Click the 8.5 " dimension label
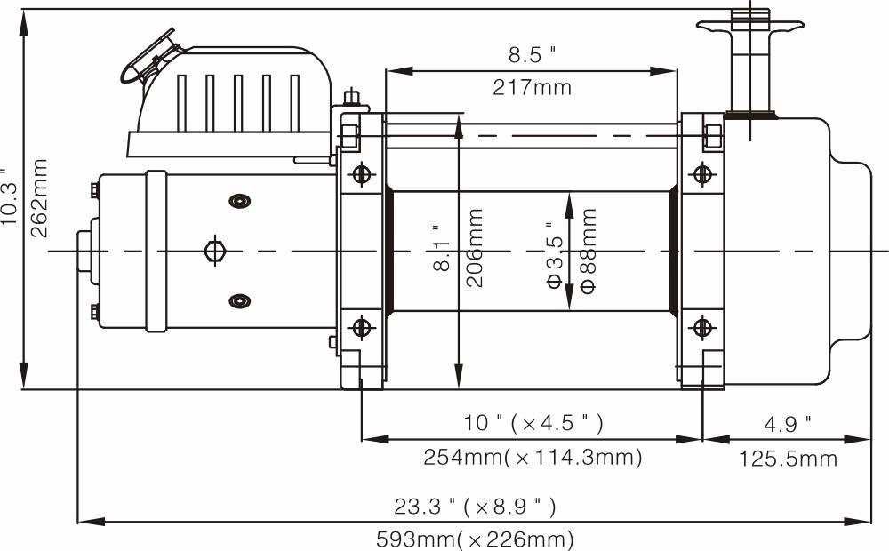point(532,56)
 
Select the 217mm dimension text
point(532,87)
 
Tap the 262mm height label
point(40,198)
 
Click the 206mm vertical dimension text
point(476,247)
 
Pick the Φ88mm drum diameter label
point(588,250)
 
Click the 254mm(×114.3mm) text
point(532,458)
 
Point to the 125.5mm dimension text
point(788,459)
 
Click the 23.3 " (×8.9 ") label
point(475,507)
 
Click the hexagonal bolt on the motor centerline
point(214,251)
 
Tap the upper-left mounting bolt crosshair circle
point(360,173)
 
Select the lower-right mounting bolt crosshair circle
point(702,328)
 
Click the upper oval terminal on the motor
point(237,201)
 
